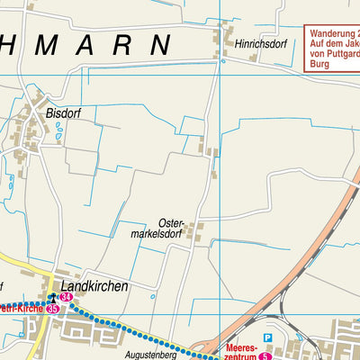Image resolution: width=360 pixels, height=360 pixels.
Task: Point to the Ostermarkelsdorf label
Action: coord(158,229)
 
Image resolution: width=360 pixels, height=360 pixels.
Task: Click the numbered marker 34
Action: coord(67,296)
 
